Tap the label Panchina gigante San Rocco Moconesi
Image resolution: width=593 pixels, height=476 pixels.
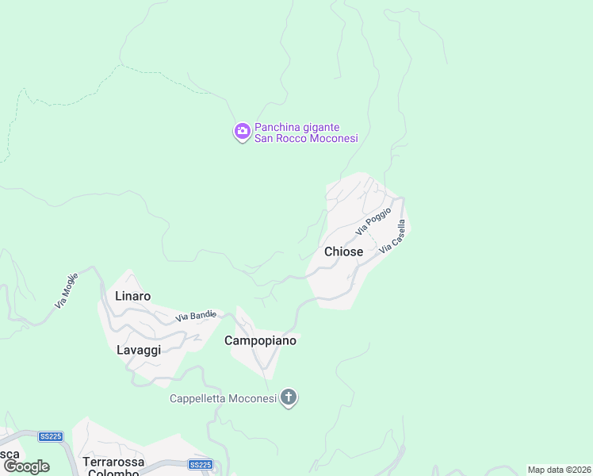click(x=306, y=132)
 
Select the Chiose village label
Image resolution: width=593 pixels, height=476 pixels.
click(x=343, y=251)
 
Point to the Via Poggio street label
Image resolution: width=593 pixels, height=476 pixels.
click(x=373, y=221)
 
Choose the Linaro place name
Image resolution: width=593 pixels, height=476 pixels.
click(x=132, y=296)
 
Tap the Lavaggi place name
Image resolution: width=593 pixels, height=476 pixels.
click(x=139, y=350)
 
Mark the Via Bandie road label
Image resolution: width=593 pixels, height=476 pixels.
click(x=196, y=316)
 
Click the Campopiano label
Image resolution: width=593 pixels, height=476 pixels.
click(x=260, y=340)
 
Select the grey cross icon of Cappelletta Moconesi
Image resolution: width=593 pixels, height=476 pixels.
click(x=289, y=397)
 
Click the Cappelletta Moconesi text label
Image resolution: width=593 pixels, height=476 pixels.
click(x=223, y=398)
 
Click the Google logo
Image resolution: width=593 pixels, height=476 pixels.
click(x=25, y=466)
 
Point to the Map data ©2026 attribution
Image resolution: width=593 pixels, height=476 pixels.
click(x=559, y=470)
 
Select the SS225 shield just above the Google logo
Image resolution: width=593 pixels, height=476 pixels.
click(x=51, y=436)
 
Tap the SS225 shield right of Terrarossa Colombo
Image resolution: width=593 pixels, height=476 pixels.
click(x=201, y=465)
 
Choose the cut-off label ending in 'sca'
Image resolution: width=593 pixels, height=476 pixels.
click(x=10, y=454)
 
